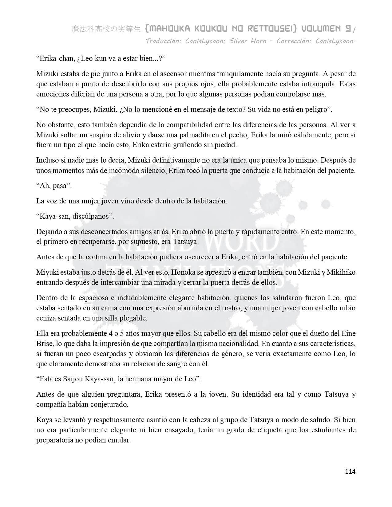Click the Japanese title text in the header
(x=106, y=29)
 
